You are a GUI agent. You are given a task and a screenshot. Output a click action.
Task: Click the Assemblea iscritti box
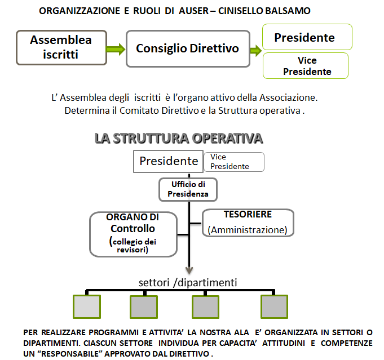61,47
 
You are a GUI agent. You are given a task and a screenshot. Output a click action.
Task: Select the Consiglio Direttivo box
188,48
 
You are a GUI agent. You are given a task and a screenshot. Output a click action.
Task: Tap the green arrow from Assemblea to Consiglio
116,49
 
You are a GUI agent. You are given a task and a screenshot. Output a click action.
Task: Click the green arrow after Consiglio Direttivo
256,50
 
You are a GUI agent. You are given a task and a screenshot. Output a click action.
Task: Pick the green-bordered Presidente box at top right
307,37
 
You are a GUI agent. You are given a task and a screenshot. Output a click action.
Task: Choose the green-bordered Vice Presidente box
306,65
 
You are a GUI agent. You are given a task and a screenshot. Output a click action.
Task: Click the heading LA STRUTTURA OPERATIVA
179,138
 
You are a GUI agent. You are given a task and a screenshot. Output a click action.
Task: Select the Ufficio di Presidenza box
188,189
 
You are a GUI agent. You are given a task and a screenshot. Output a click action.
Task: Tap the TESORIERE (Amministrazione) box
248,223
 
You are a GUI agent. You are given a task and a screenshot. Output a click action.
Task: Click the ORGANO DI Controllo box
133,234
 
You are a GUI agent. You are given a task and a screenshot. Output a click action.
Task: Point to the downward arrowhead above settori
189,270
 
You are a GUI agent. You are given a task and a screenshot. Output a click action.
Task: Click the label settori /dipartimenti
188,282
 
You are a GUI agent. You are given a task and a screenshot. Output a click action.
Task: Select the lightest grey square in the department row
87,306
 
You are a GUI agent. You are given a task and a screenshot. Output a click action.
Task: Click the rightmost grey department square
274,306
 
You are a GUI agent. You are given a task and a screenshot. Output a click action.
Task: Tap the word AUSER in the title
194,11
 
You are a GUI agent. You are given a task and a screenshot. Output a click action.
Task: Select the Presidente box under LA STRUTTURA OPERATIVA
168,161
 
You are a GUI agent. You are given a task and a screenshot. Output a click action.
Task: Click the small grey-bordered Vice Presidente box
234,162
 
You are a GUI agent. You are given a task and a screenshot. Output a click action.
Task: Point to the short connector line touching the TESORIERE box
196,223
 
